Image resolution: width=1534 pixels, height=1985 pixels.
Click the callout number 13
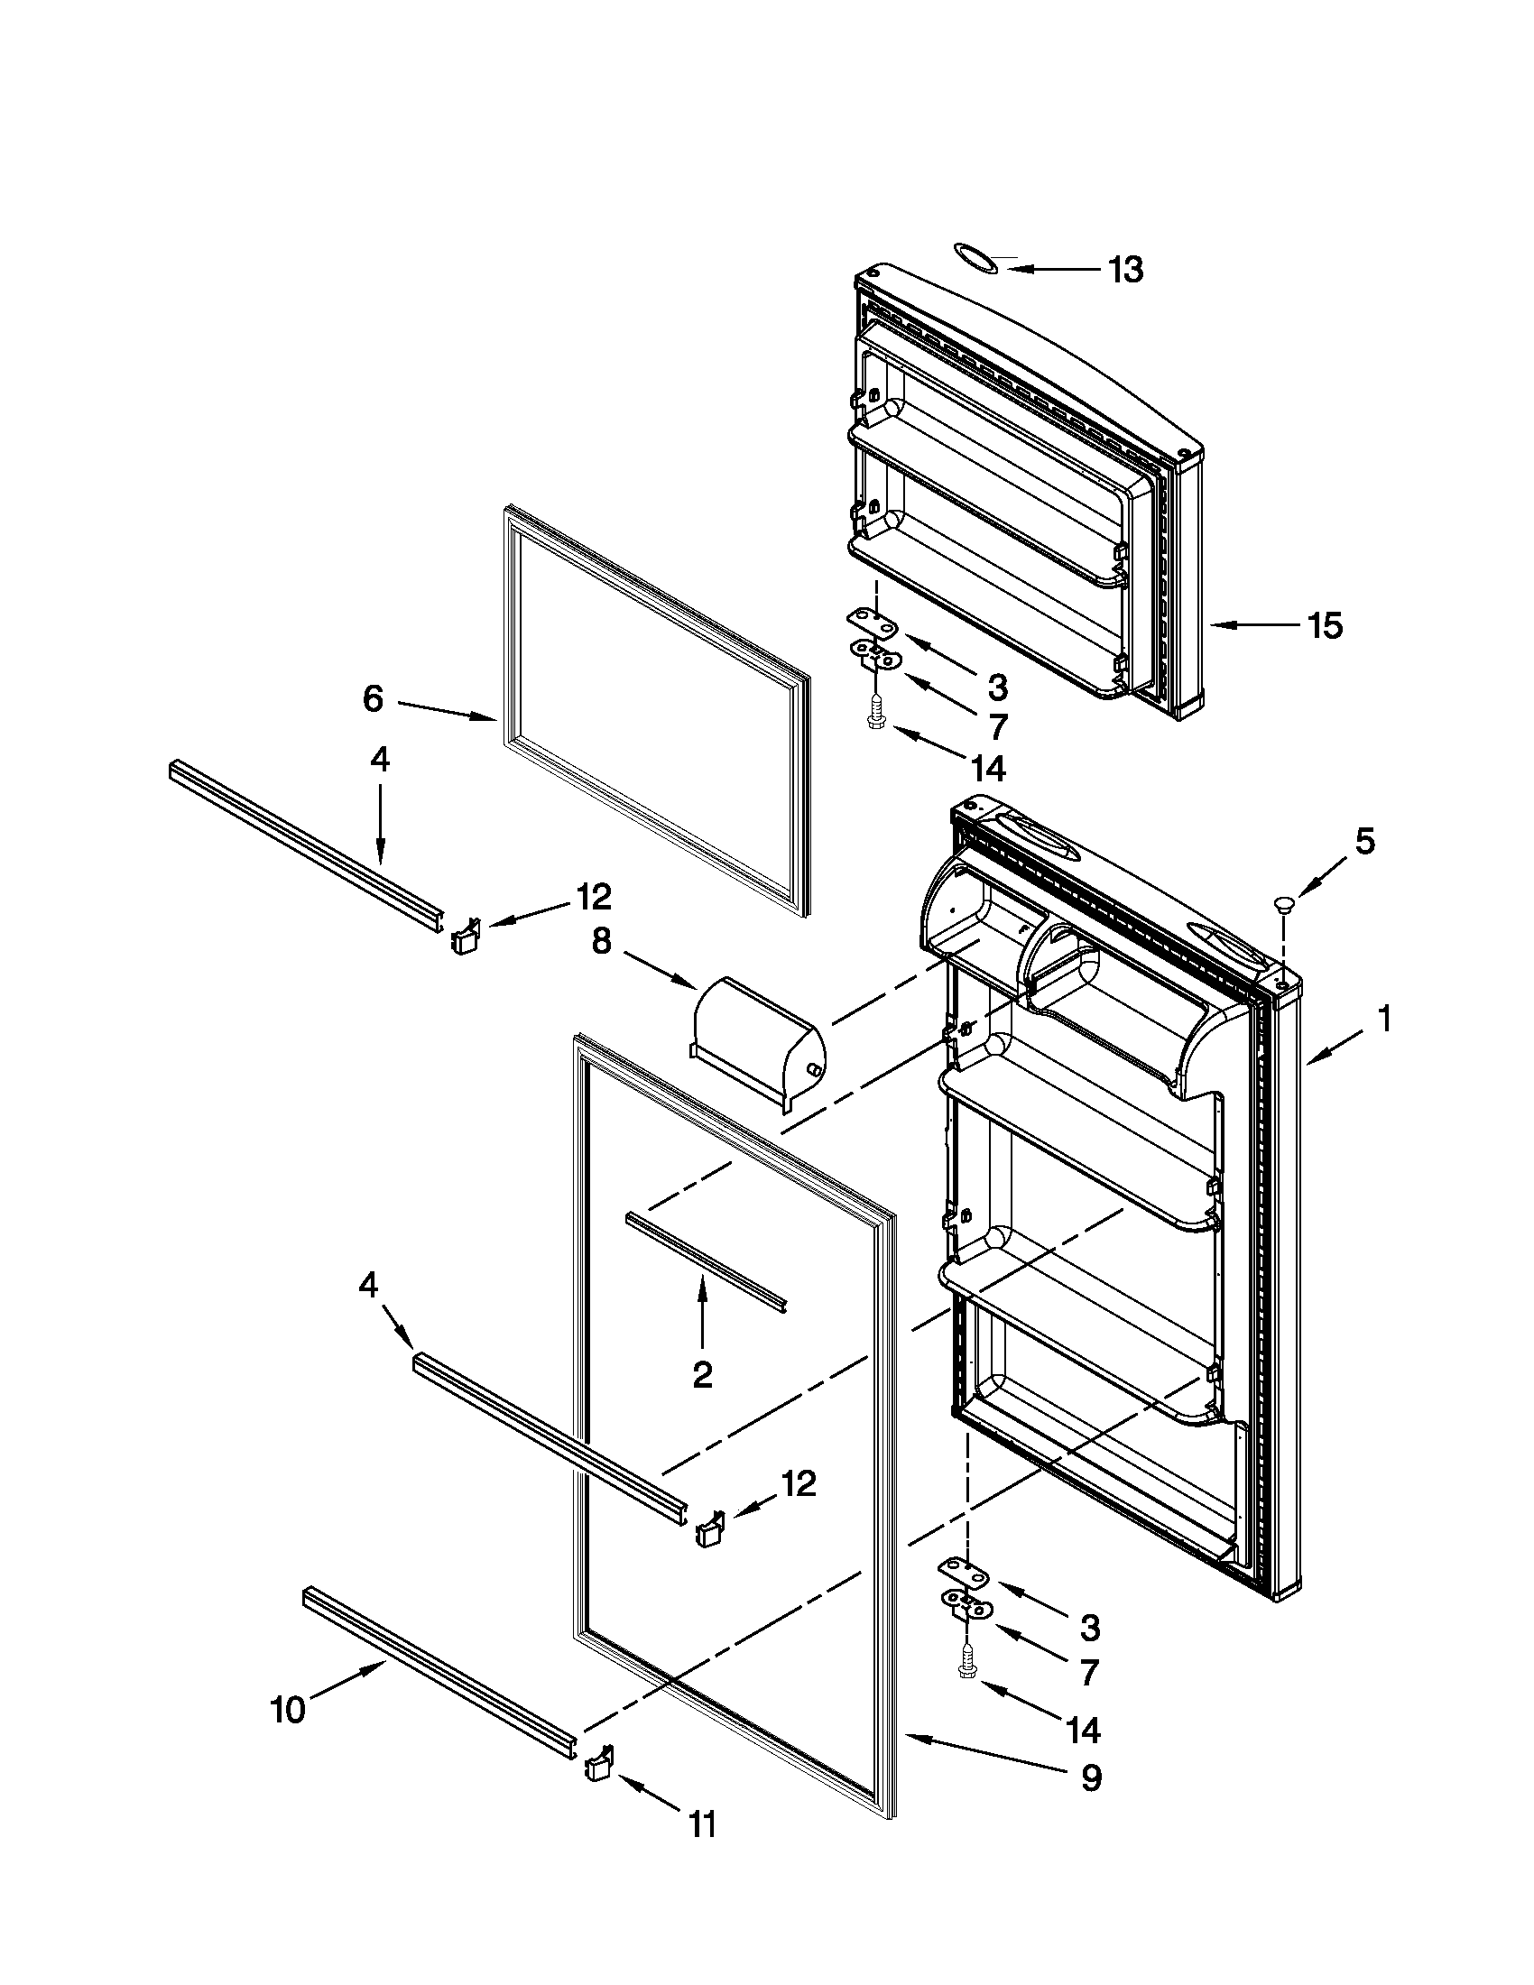pyautogui.click(x=1125, y=269)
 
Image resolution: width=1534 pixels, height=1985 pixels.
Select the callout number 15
pyautogui.click(x=1324, y=625)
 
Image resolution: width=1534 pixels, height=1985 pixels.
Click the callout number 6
pyautogui.click(x=373, y=698)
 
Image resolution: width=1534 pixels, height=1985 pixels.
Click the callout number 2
pyautogui.click(x=701, y=1375)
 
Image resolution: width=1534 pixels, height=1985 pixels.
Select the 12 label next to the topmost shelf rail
pyautogui.click(x=593, y=897)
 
